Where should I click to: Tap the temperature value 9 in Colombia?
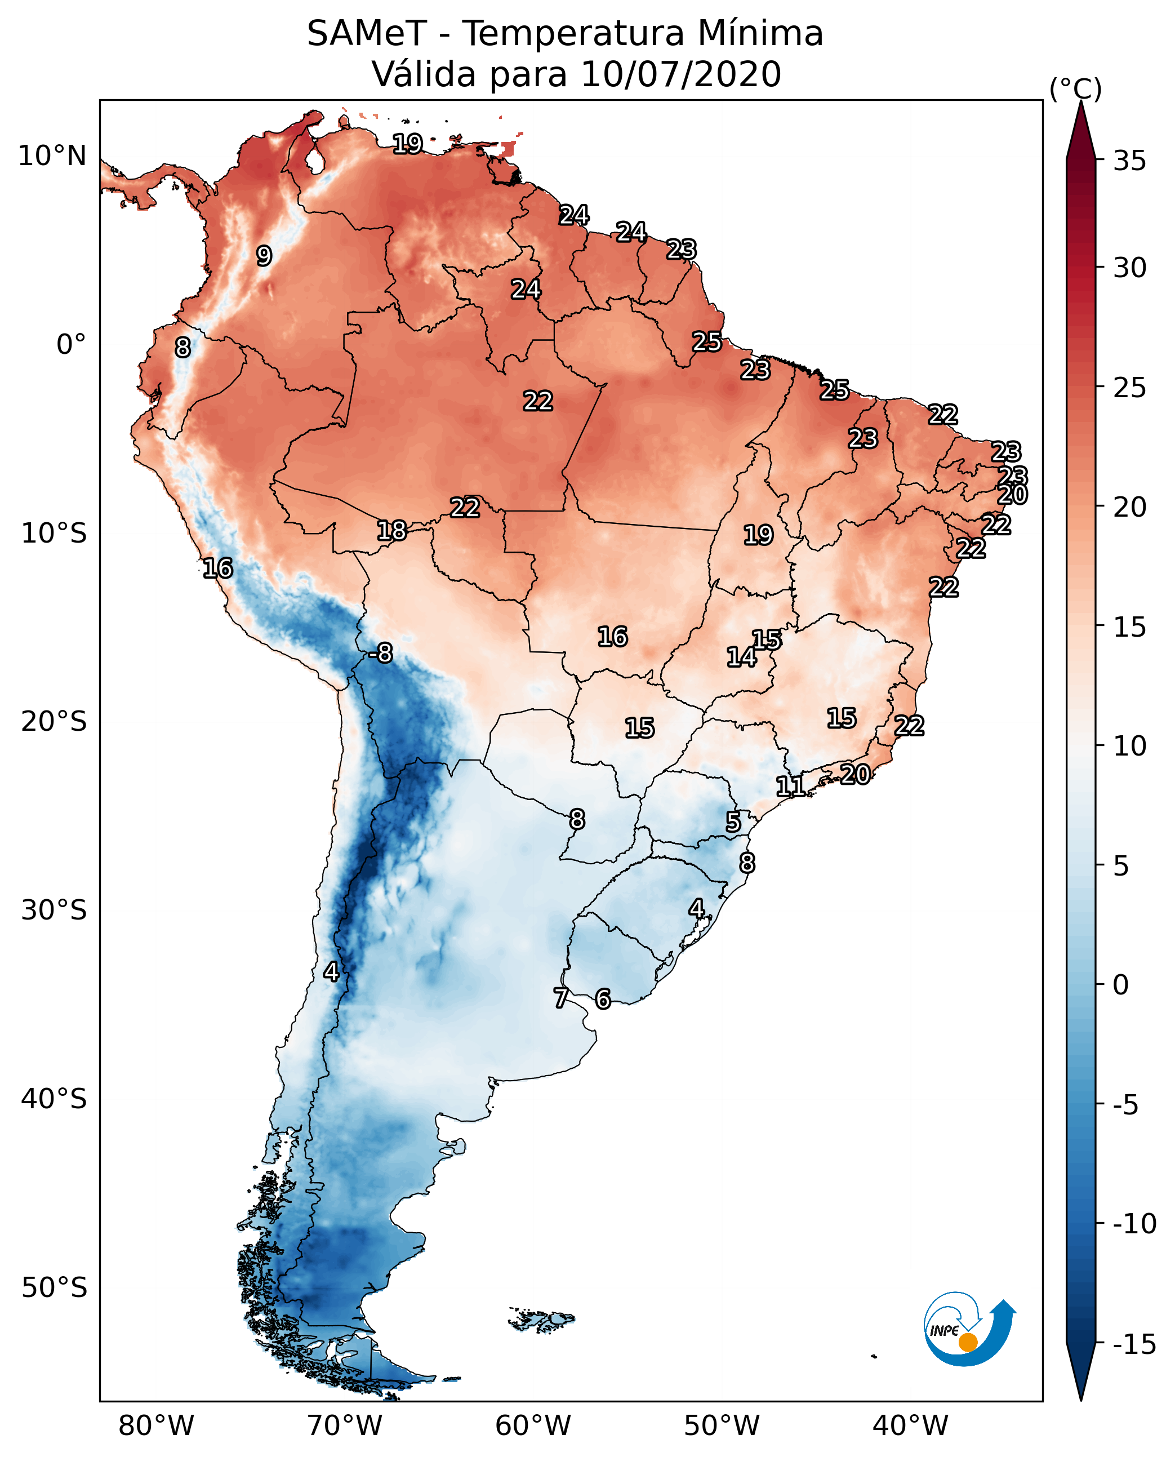point(264,256)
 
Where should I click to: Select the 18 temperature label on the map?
point(392,530)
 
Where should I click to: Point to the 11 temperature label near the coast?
point(790,786)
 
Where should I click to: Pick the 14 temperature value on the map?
point(741,657)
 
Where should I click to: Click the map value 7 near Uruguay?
point(560,998)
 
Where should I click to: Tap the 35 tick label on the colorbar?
point(1129,161)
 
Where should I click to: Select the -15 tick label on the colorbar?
point(1134,1345)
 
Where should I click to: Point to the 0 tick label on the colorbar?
point(1121,985)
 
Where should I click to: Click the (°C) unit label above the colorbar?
point(1075,88)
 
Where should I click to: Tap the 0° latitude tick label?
point(71,345)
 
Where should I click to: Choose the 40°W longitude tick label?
point(910,1425)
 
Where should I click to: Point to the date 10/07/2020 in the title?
point(681,74)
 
